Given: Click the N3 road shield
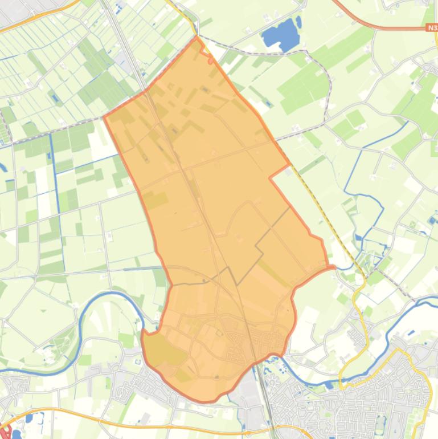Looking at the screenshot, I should click(431, 27).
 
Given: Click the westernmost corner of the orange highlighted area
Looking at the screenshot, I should click(104, 117).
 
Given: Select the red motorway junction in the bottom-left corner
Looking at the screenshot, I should click(6, 430).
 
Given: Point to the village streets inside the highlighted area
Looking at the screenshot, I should click(239, 342).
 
